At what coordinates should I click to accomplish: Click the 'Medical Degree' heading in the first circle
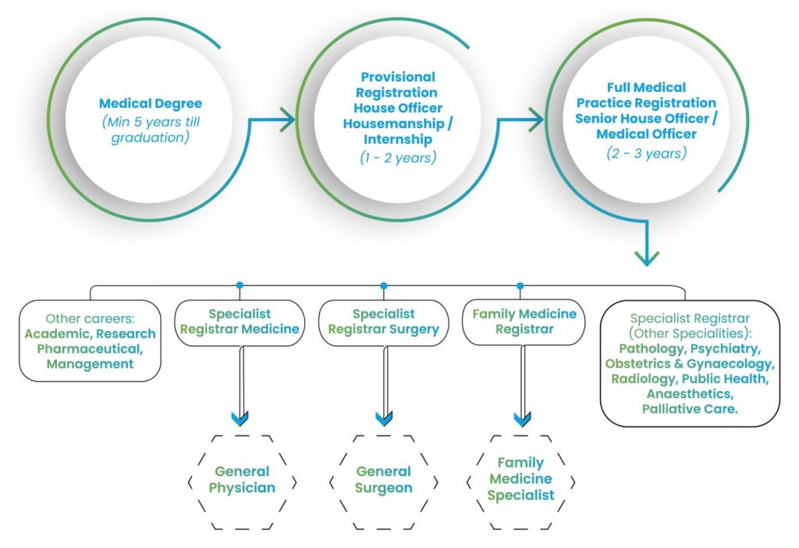point(150,103)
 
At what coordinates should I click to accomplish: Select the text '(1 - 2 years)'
point(399,156)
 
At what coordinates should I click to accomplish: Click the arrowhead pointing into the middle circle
point(286,120)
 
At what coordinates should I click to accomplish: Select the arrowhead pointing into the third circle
point(536,120)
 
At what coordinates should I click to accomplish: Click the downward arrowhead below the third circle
point(647,258)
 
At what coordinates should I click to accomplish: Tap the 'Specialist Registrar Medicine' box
point(240,322)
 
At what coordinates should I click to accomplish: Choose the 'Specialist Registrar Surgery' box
point(383,322)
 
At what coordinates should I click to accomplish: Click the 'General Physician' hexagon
point(242,480)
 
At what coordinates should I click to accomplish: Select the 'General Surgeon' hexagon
point(383,480)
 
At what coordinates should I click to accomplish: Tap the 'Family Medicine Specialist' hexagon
point(520,479)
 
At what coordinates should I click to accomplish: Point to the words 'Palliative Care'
point(689,408)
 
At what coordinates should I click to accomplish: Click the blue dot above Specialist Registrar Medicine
point(240,286)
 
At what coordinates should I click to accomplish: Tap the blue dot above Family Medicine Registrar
point(520,286)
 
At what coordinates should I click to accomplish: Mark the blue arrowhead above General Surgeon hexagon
point(383,419)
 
